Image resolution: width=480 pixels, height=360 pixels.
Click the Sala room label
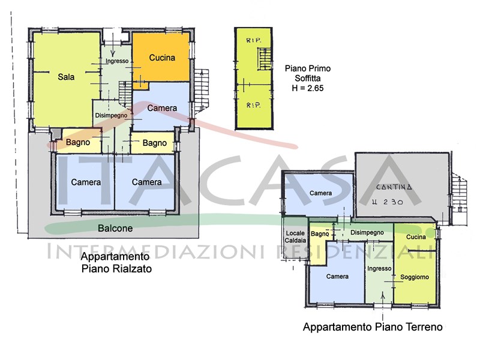(x=66, y=77)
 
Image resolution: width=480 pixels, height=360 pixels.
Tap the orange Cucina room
(x=161, y=58)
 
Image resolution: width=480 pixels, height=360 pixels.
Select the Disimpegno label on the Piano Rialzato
(x=111, y=115)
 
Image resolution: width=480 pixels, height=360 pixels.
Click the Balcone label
(x=115, y=228)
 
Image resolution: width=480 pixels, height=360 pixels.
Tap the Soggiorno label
(x=415, y=277)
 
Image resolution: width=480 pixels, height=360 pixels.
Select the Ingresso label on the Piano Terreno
(x=379, y=268)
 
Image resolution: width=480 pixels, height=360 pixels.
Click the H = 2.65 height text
(x=308, y=88)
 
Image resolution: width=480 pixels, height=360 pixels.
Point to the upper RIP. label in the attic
(x=253, y=40)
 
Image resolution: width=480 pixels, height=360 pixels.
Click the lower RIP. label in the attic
(x=253, y=106)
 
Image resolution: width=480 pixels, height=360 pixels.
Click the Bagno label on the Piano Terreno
(x=320, y=234)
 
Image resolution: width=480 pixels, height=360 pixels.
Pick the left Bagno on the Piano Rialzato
(x=78, y=142)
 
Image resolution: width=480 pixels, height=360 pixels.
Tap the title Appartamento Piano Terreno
(x=373, y=327)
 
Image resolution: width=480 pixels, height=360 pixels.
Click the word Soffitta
(x=308, y=78)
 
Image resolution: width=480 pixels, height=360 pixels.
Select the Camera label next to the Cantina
(x=320, y=193)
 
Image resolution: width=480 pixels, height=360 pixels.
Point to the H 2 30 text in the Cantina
(x=387, y=202)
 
